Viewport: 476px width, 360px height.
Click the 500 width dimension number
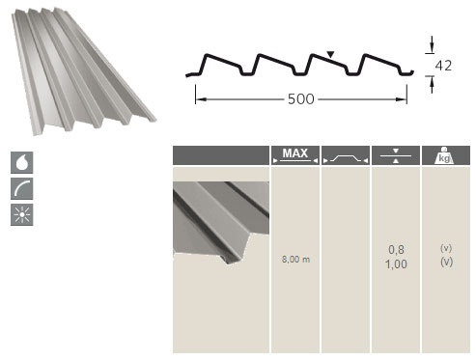[300, 99]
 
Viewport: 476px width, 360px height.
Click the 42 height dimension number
[443, 66]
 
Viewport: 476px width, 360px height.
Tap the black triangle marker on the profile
[330, 54]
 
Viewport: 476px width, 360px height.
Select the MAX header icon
[295, 155]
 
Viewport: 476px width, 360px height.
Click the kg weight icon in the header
[444, 155]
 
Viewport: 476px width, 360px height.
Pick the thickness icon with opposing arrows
[396, 155]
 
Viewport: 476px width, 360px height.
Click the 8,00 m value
[295, 259]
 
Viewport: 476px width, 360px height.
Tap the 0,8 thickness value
[396, 249]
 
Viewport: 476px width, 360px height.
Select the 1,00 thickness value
[396, 264]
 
